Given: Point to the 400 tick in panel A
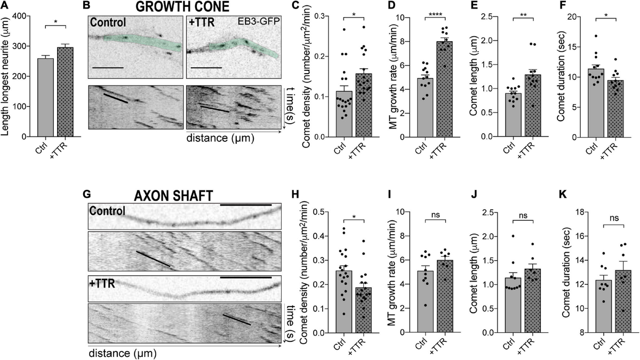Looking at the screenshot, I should click(25, 16).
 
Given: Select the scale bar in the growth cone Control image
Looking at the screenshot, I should click(108, 68).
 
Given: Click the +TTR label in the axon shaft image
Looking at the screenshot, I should click(102, 283).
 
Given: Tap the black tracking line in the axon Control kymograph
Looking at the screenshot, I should click(153, 259).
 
